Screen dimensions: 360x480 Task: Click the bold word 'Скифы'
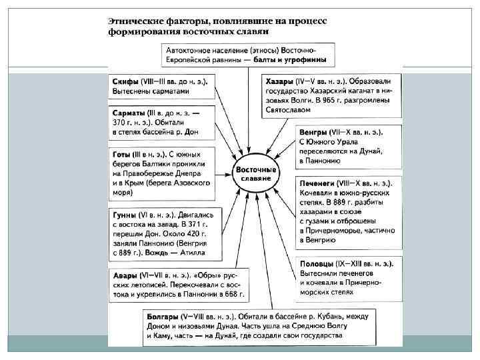(125, 81)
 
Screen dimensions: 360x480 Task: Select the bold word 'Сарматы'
(129, 113)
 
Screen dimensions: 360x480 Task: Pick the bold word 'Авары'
(125, 275)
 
